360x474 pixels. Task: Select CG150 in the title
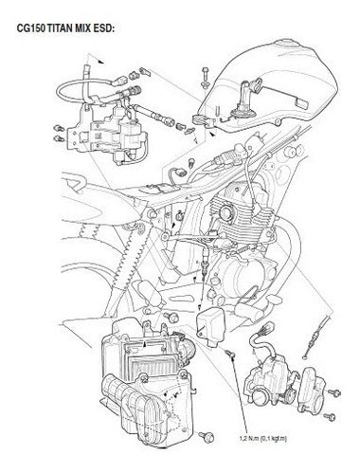point(31,28)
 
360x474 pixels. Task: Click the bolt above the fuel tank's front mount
point(206,77)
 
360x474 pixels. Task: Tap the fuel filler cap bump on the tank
point(287,44)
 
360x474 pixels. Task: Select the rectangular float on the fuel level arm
point(301,103)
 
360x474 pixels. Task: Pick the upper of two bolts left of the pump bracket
point(59,129)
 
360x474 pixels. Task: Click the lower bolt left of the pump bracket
point(59,138)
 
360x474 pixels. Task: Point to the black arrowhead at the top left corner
point(101,62)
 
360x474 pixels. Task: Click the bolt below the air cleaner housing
point(207,437)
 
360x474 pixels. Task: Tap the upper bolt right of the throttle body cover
point(334,393)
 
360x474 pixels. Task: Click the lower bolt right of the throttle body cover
point(330,416)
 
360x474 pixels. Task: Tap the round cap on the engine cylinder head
point(225,213)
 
